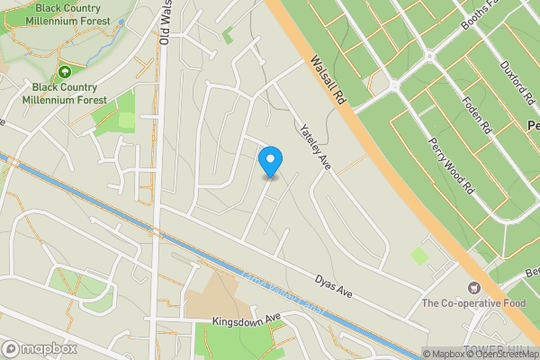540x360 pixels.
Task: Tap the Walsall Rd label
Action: click(x=328, y=82)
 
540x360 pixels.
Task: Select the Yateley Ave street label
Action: click(x=317, y=143)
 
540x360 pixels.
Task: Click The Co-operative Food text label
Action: click(x=473, y=303)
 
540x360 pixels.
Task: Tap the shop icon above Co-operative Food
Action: click(x=473, y=288)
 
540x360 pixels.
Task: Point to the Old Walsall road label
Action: click(x=164, y=23)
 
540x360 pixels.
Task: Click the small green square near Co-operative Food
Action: click(x=419, y=257)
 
